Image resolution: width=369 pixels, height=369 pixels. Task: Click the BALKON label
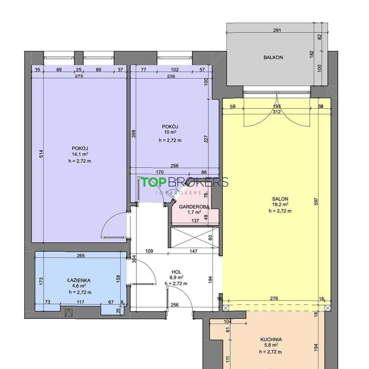(273, 57)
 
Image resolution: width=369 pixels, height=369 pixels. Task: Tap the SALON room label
(280, 199)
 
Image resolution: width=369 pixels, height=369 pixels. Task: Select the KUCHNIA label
(271, 339)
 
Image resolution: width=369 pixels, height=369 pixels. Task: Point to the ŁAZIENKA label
(79, 280)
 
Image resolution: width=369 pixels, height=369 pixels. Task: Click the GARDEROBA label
(194, 207)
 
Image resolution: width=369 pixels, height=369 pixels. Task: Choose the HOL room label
(177, 272)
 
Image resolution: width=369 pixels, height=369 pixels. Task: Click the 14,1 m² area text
(80, 154)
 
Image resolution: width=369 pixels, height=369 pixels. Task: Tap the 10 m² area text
(170, 132)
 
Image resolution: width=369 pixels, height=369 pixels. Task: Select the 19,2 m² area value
(280, 204)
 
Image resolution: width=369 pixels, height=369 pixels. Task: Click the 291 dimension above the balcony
(277, 30)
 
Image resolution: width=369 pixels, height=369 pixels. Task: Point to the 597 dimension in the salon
(316, 202)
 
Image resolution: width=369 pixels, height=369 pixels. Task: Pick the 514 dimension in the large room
(41, 154)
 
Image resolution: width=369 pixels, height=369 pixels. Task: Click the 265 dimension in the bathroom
(80, 256)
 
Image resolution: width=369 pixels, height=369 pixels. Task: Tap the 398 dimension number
(134, 134)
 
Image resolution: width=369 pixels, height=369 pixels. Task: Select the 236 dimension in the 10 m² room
(171, 76)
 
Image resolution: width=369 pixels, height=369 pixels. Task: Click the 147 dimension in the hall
(194, 251)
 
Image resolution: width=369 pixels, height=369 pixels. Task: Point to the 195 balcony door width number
(276, 106)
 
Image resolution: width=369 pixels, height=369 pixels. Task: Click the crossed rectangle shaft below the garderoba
(195, 237)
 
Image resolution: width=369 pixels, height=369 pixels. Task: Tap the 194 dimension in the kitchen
(316, 347)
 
